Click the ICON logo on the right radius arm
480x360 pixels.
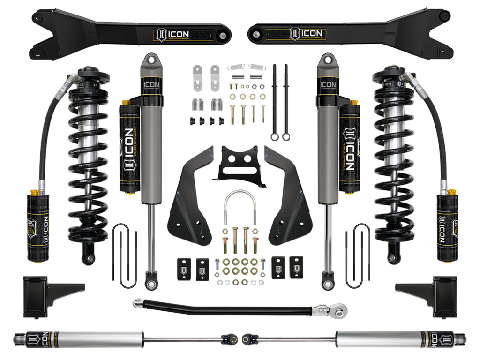(x=307, y=34)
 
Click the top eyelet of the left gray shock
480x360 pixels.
(x=149, y=59)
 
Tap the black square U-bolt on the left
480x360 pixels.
(x=122, y=255)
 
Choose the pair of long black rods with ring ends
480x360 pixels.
(x=280, y=101)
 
